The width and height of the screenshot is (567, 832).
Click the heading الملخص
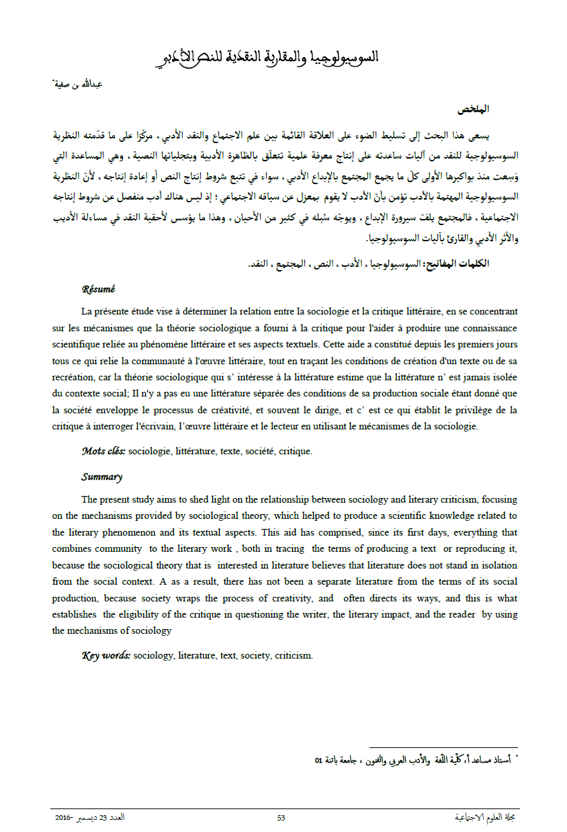[473, 109]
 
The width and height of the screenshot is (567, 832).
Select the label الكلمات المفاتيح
[464, 263]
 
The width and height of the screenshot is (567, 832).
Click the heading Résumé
[98, 289]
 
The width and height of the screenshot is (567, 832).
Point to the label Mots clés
[103, 452]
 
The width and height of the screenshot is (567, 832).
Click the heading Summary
[101, 477]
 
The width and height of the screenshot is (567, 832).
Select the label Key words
[105, 655]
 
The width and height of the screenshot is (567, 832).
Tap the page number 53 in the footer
[281, 818]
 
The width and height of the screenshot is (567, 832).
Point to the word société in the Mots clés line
[258, 452]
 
